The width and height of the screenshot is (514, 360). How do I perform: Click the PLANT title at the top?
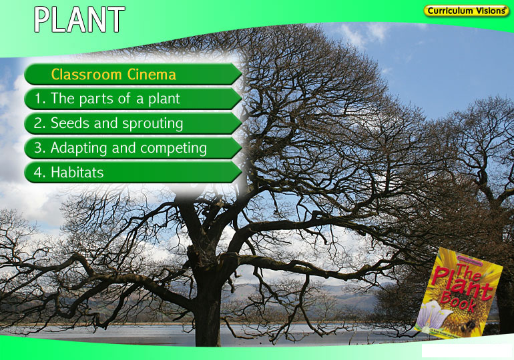tap(79, 19)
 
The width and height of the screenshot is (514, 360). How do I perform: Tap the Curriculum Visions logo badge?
tap(466, 11)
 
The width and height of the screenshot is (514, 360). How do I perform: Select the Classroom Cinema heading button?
tap(133, 74)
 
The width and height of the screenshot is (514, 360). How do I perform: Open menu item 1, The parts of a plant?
tap(133, 99)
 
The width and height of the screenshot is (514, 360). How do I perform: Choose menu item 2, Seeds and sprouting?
tap(133, 123)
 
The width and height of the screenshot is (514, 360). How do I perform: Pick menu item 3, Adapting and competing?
tap(133, 148)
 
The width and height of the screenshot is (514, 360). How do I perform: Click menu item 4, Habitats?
tap(133, 172)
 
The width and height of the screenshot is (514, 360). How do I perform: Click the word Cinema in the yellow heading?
tap(152, 74)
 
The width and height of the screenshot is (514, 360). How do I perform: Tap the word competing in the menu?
tap(174, 149)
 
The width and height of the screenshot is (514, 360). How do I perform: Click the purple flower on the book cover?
tap(433, 315)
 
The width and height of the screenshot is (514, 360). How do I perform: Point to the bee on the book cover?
tap(468, 325)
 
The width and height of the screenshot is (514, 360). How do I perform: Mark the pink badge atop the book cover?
tap(470, 262)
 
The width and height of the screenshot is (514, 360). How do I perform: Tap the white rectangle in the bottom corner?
tap(467, 351)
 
